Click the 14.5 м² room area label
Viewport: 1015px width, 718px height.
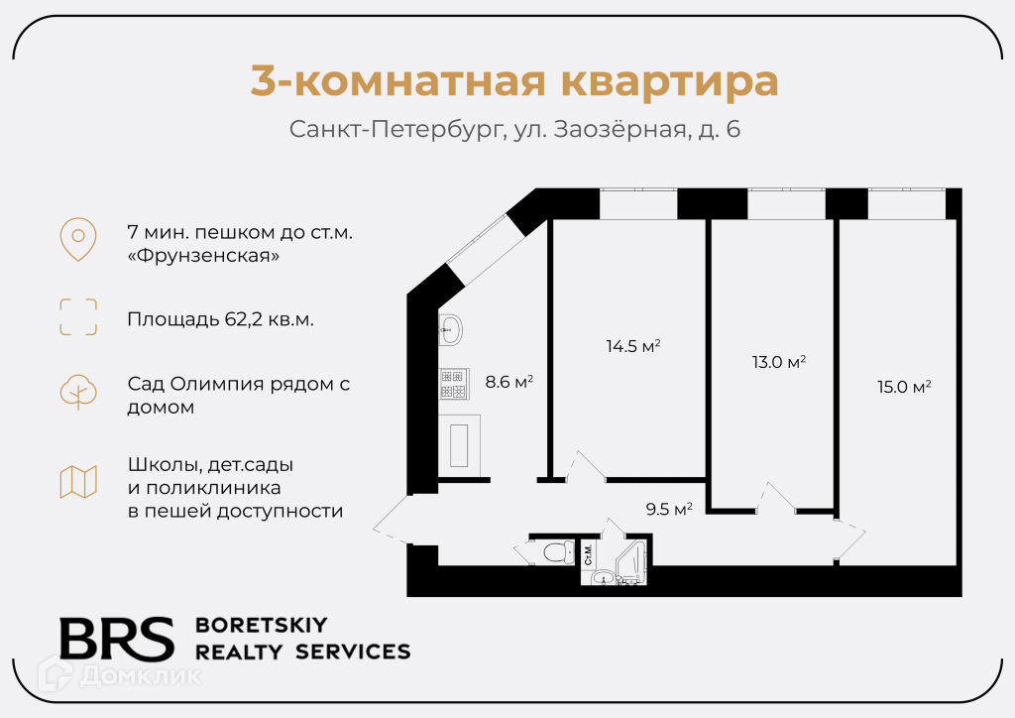(x=633, y=346)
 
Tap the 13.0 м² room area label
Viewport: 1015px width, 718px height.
(x=778, y=362)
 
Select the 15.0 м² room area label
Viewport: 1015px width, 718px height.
(x=904, y=387)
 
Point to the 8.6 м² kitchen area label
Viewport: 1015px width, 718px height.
(x=509, y=380)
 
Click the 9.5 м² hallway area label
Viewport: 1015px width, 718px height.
(x=669, y=510)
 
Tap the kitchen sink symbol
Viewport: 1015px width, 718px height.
(x=451, y=329)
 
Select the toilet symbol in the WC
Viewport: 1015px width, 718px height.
(x=558, y=551)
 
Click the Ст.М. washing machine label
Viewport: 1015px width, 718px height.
(x=588, y=555)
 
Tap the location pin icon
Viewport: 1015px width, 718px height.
(x=78, y=239)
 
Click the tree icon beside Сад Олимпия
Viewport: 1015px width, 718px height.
(x=78, y=392)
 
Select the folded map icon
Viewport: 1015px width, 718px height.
(x=78, y=482)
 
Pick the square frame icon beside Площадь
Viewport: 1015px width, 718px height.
(x=78, y=317)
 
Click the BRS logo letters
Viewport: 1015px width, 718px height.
(x=116, y=639)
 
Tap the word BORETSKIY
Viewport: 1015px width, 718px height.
(x=262, y=625)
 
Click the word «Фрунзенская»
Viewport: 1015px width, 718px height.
(x=203, y=256)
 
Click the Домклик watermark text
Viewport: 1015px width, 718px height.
(x=140, y=676)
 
